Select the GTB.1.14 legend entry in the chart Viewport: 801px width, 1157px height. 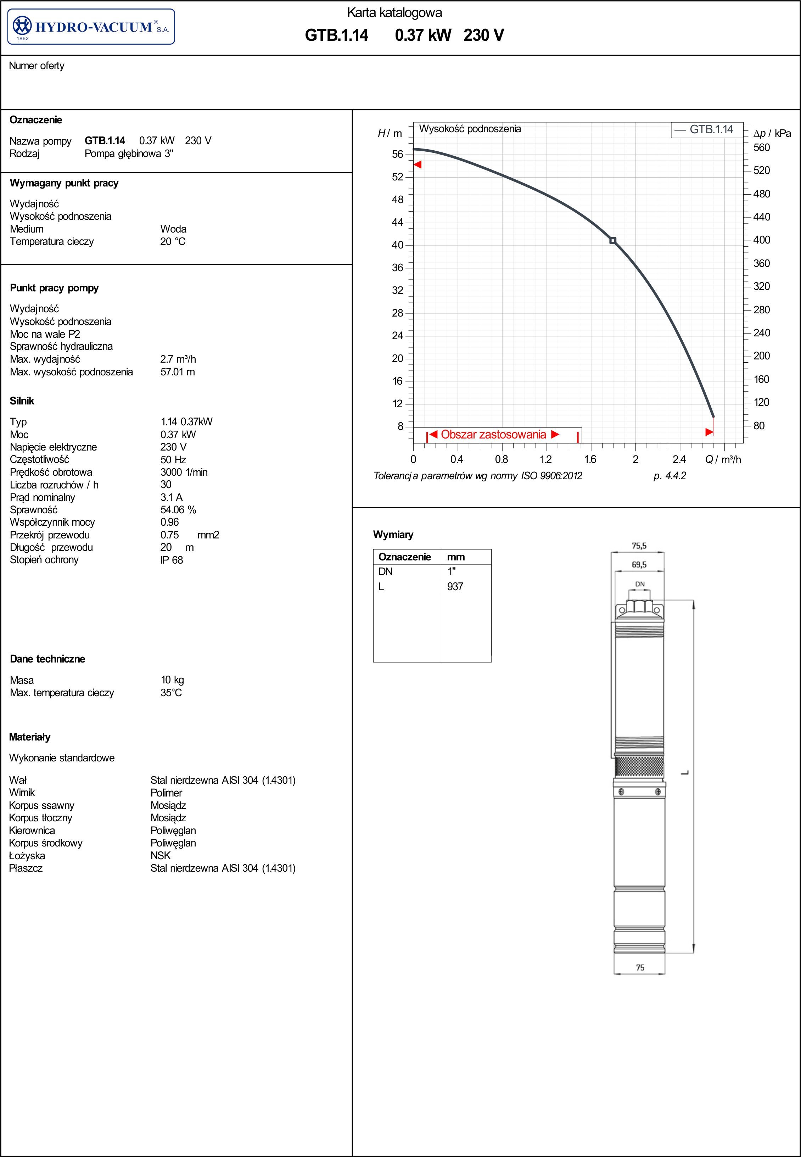[x=704, y=129]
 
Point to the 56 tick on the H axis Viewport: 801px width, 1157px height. [x=398, y=155]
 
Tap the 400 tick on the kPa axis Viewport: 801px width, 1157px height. [x=761, y=240]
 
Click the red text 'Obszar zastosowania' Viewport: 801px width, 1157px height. [x=493, y=435]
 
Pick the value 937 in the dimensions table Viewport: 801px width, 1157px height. [x=455, y=586]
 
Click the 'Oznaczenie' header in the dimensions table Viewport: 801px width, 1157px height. [x=404, y=557]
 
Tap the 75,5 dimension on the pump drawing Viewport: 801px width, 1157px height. [x=639, y=546]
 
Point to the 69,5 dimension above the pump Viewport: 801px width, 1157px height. [x=639, y=565]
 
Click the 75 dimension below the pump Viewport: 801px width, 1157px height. [x=640, y=967]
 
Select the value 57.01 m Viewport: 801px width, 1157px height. [x=178, y=372]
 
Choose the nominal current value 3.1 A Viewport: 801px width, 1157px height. [x=172, y=497]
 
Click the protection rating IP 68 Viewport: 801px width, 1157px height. [x=172, y=560]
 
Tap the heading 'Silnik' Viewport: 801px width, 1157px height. [x=22, y=401]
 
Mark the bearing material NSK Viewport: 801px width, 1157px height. [x=161, y=855]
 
